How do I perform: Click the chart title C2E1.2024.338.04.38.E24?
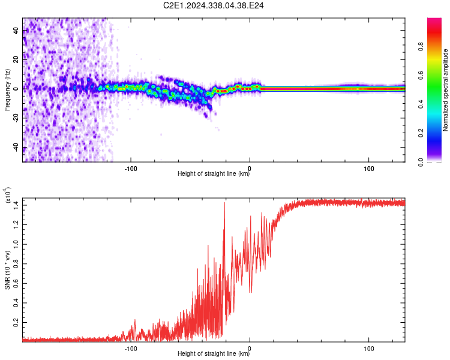(x=213, y=5)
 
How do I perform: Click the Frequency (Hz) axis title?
(x=7, y=90)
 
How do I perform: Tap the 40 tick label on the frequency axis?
(x=16, y=30)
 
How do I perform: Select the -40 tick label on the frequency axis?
(x=16, y=148)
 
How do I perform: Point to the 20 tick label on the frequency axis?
(x=16, y=59)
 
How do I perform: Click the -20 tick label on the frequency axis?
(x=16, y=119)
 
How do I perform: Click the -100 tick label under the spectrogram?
(x=131, y=169)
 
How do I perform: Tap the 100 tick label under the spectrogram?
(x=369, y=169)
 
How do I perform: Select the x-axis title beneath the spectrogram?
(x=214, y=173)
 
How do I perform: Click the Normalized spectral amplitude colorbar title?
(x=445, y=90)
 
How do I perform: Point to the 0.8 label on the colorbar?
(x=421, y=46)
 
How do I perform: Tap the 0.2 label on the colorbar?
(x=421, y=133)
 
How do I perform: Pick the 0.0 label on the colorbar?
(x=421, y=163)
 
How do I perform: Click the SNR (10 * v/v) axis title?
(x=7, y=270)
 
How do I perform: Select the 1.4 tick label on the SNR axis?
(x=16, y=205)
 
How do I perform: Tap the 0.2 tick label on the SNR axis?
(x=16, y=322)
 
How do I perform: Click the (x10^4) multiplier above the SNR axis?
(x=8, y=195)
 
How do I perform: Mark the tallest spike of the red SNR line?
(x=224, y=203)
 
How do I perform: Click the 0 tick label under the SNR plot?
(x=250, y=349)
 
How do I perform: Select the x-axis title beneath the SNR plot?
(x=214, y=353)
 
